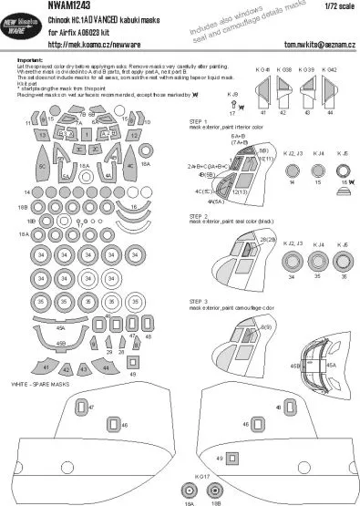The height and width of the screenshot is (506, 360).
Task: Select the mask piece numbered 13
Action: pyautogui.click(x=43, y=134)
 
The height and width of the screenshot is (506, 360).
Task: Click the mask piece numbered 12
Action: pyautogui.click(x=132, y=134)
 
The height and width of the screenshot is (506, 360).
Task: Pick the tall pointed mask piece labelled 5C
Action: pyautogui.click(x=42, y=169)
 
